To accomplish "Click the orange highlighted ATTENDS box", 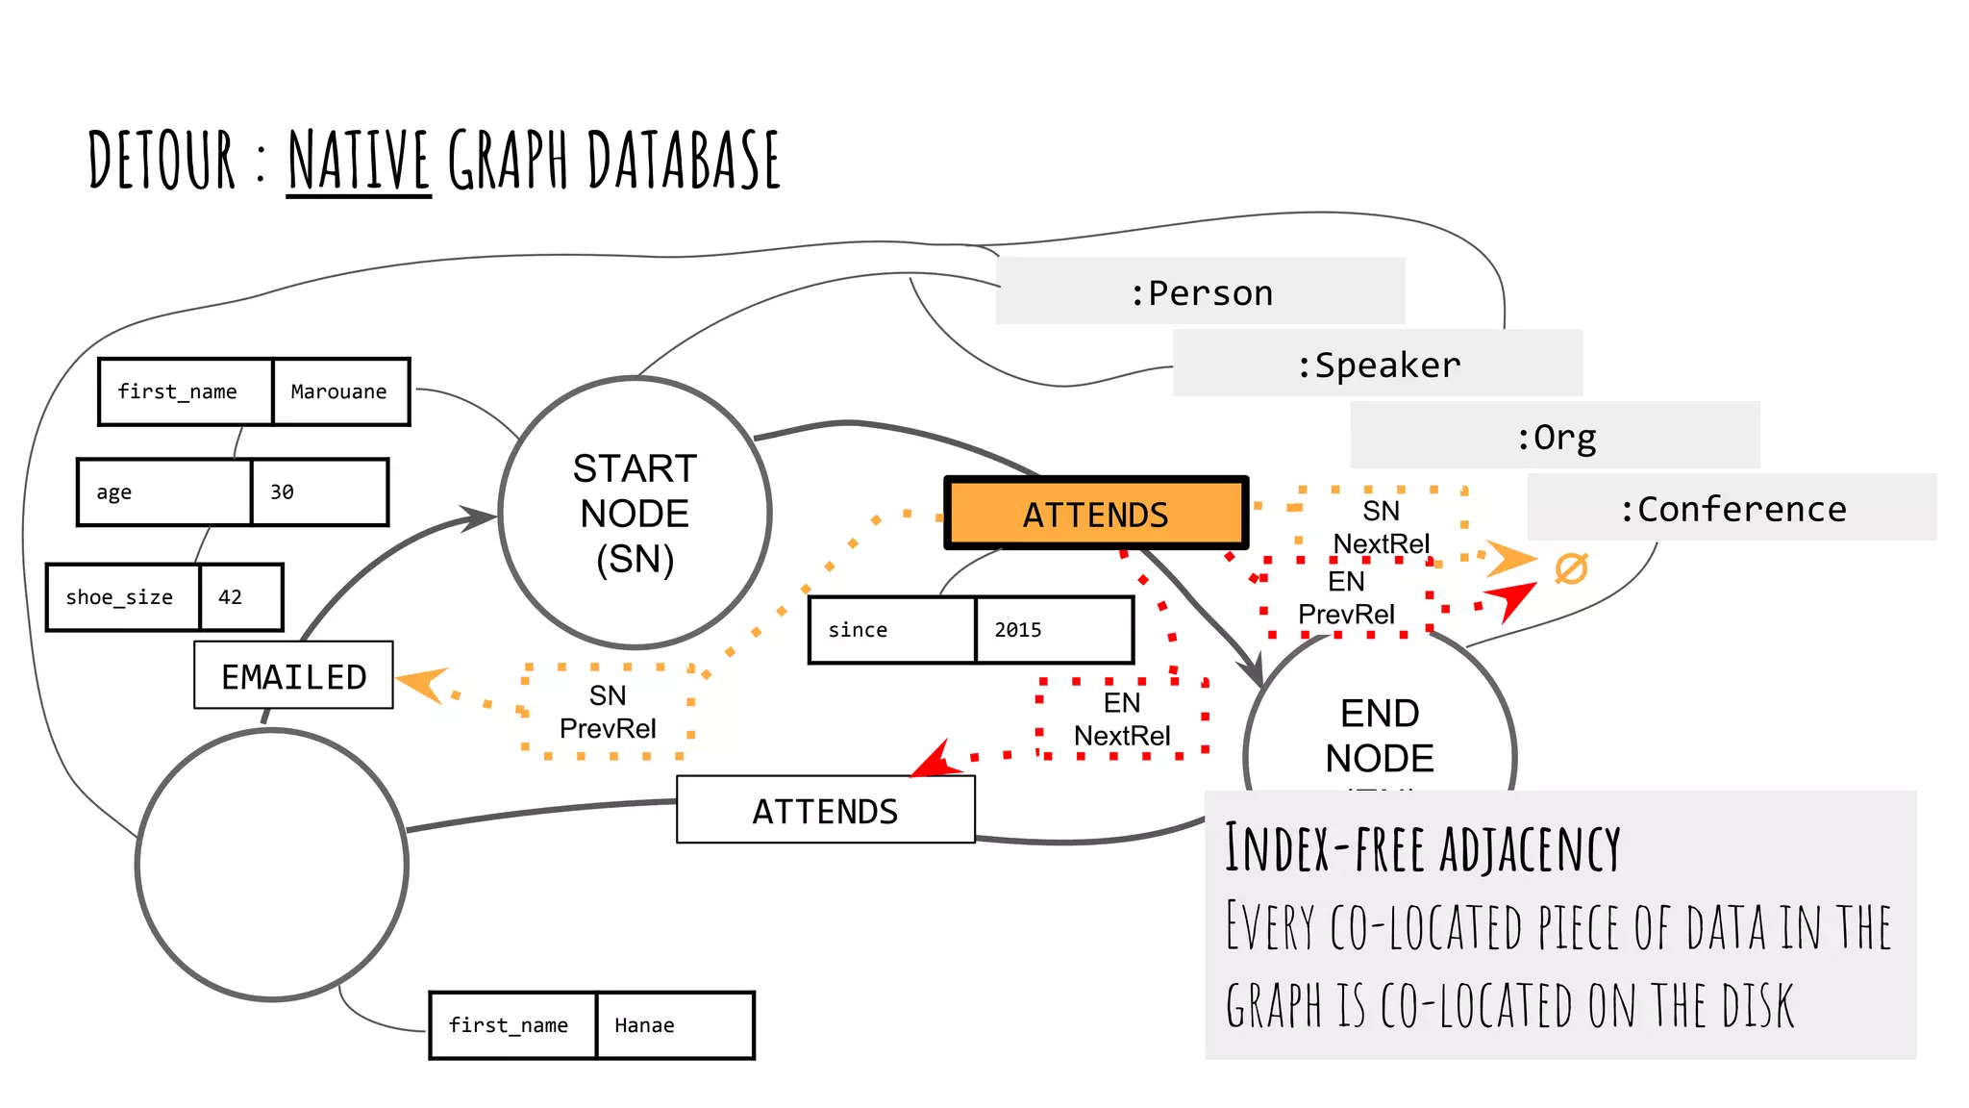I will (1095, 514).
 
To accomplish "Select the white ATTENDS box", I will (825, 810).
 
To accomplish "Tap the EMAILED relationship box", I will (293, 675).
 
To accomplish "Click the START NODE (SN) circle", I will (635, 513).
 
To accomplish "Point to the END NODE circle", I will (1379, 731).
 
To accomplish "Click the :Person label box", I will (1200, 291).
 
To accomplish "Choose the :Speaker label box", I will (1377, 364).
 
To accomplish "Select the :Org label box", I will (1555, 436).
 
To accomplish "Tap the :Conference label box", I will (1732, 508).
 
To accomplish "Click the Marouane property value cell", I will (339, 391).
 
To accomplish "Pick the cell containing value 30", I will (319, 492).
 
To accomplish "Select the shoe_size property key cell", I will (122, 597).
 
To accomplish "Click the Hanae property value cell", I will (674, 1025).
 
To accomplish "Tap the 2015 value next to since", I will (1053, 630).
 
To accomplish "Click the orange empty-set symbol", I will (1571, 568).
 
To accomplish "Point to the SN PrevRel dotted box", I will (608, 711).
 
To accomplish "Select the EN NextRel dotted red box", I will (1121, 718).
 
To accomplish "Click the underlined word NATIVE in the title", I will (359, 161).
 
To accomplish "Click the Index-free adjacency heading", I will (1421, 848).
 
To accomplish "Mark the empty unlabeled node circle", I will (272, 865).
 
